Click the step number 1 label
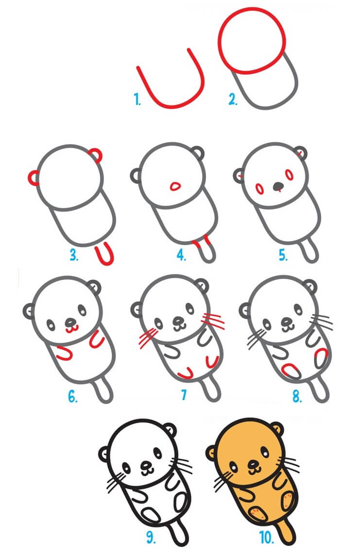point(137,101)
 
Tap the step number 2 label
point(233,101)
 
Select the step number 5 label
point(283,255)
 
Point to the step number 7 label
point(184,395)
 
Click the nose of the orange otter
point(254,466)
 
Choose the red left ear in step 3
point(34,178)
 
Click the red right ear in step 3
point(97,155)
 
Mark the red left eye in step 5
point(259,188)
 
